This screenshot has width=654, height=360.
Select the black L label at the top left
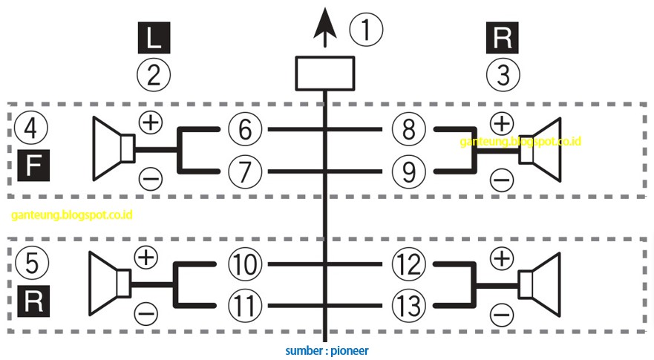click(x=154, y=38)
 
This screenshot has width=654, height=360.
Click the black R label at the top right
click(x=503, y=38)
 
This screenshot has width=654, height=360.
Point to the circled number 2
click(x=154, y=74)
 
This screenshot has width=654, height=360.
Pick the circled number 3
click(x=503, y=74)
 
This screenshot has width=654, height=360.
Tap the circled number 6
click(x=245, y=130)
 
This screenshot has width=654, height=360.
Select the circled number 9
click(x=408, y=171)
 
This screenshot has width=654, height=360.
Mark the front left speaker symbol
click(x=114, y=149)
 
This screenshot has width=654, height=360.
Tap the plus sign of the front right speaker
click(x=502, y=122)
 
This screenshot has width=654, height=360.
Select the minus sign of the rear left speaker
click(x=147, y=314)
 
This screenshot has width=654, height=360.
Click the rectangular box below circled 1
click(x=324, y=73)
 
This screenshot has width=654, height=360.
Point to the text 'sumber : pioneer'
click(x=327, y=350)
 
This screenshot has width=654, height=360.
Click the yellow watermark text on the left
click(x=72, y=215)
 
